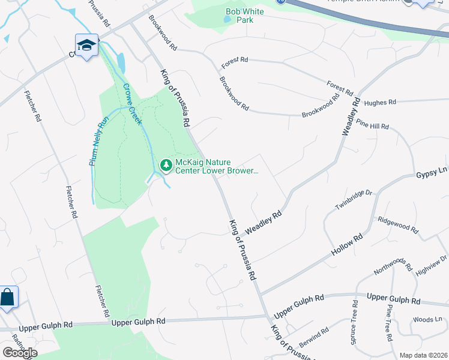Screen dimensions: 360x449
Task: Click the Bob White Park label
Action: click(x=240, y=16)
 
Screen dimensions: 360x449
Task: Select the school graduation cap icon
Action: click(x=86, y=45)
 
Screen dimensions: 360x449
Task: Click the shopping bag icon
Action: click(x=8, y=297)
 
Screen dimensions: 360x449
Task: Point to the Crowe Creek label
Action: click(x=133, y=104)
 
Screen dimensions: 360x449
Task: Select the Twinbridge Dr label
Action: click(x=354, y=200)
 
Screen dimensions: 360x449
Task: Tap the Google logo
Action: click(x=20, y=352)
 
